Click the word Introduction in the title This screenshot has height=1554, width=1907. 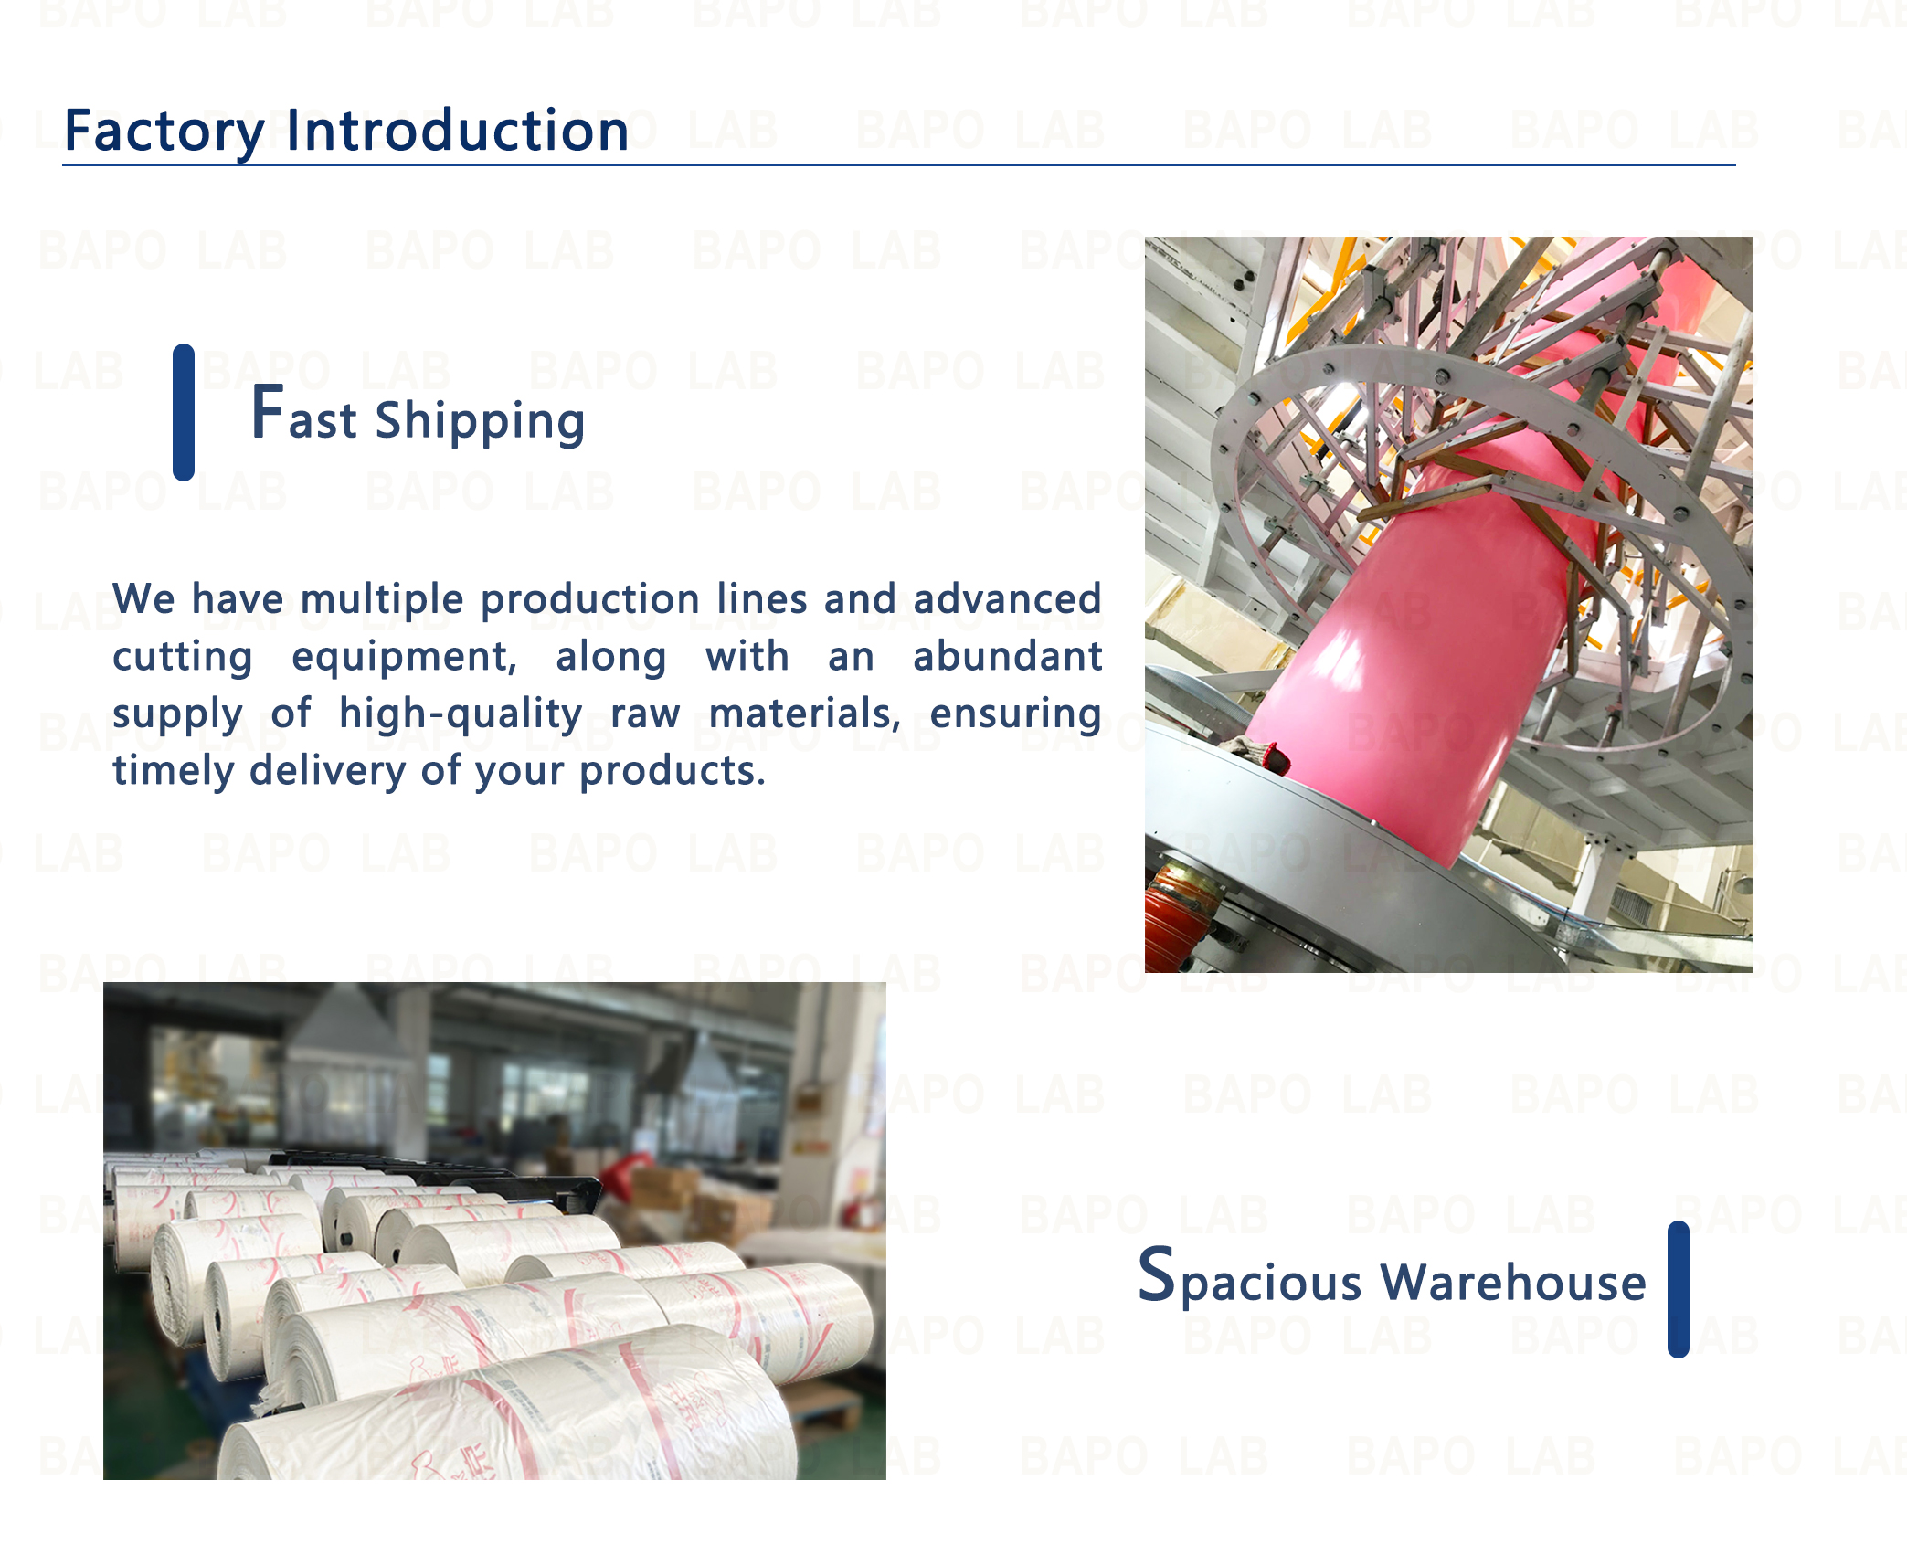tap(458, 130)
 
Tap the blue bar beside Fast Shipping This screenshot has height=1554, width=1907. tap(184, 412)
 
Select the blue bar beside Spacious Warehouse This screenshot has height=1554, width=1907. tap(1678, 1289)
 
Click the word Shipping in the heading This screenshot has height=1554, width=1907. tap(480, 422)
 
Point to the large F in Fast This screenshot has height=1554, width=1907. tap(267, 412)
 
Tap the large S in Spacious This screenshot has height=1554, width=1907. tap(1156, 1274)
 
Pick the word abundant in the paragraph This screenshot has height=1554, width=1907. tap(1007, 656)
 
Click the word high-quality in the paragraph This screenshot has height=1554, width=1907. tap(461, 714)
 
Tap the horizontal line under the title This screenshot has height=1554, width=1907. tap(899, 165)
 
